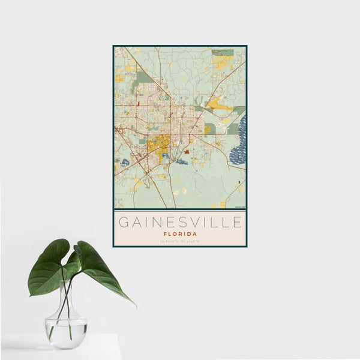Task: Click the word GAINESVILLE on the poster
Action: (180, 223)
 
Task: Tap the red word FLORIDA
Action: (180, 234)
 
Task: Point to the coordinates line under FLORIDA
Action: (180, 242)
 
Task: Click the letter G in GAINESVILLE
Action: (124, 223)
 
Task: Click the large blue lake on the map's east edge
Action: (238, 141)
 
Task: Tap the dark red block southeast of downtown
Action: (187, 152)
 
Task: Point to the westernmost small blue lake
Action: (125, 162)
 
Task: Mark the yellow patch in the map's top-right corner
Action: (222, 61)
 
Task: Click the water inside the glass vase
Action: (66, 330)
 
